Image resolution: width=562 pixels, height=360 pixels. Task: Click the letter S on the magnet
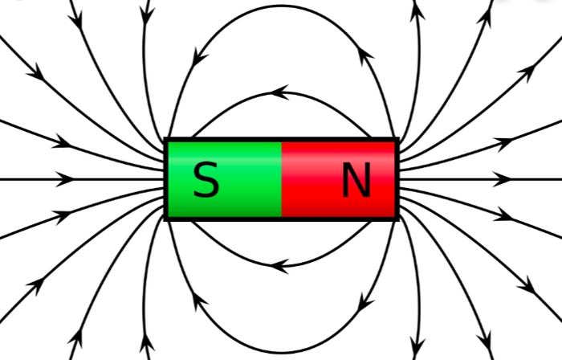tap(206, 179)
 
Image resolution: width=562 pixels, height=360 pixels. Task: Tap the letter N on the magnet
tap(356, 180)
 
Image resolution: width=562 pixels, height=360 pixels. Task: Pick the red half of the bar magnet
tap(338, 179)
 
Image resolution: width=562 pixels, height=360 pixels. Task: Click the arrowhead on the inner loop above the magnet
tap(279, 92)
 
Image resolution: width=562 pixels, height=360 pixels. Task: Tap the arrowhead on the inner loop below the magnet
tap(279, 266)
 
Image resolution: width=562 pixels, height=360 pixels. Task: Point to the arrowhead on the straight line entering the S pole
tap(64, 179)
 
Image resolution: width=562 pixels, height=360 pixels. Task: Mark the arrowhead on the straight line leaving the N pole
tap(502, 179)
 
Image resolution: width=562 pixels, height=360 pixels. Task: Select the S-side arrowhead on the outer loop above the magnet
tap(200, 57)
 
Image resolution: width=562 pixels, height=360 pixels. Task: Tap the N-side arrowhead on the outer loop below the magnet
tap(365, 302)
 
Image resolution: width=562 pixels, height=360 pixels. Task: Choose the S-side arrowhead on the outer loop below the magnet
tap(199, 301)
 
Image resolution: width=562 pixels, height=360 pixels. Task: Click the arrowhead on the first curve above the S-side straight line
tap(63, 142)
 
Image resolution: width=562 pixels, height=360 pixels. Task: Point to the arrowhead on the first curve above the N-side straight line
tap(504, 143)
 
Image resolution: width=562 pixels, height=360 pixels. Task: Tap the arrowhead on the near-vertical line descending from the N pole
tap(417, 347)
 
